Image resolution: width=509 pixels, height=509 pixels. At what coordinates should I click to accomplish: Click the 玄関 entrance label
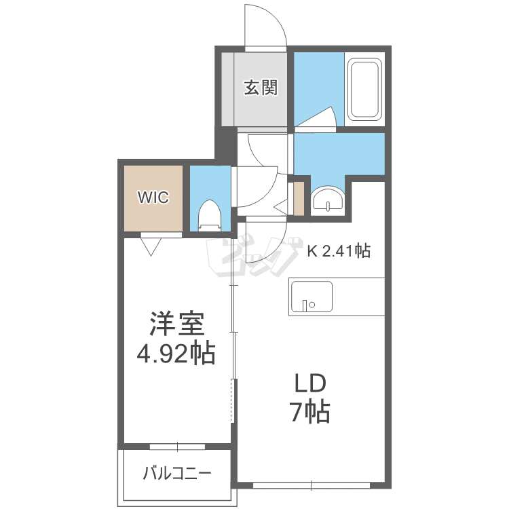(x=261, y=88)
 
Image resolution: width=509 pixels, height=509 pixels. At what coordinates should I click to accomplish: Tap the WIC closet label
(x=153, y=197)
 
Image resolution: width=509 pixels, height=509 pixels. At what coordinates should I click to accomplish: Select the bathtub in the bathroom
(x=364, y=89)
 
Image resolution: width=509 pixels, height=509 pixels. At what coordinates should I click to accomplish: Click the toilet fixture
(x=210, y=215)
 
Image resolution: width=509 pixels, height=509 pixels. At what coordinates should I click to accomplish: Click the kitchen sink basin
(x=312, y=297)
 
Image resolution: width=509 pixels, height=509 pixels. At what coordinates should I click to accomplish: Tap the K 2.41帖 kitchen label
(x=339, y=250)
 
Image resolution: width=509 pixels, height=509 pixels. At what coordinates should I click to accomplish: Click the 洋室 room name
(x=177, y=324)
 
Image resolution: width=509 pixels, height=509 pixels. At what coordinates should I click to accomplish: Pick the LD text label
(x=310, y=383)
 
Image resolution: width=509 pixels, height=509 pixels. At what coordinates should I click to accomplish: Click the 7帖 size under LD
(x=311, y=412)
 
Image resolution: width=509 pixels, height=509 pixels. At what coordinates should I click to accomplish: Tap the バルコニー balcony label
(x=177, y=473)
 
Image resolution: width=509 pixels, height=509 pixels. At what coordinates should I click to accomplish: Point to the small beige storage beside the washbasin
(x=299, y=198)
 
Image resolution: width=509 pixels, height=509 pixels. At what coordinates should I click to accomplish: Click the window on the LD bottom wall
(x=312, y=486)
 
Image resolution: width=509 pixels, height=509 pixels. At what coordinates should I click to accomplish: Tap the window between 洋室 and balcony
(x=177, y=447)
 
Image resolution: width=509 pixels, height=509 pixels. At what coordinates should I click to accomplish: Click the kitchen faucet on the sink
(x=305, y=305)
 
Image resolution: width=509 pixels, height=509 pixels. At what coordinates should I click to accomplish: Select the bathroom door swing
(x=318, y=117)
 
